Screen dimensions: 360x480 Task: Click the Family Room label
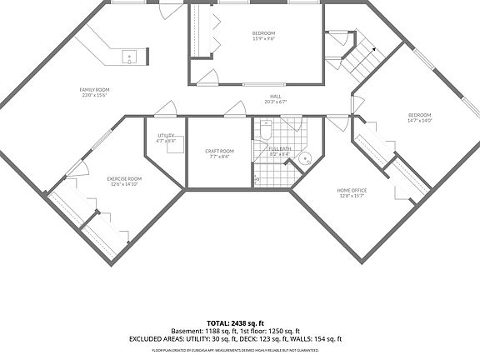click(94, 89)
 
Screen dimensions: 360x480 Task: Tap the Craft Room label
click(219, 151)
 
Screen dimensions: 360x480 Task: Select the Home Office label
click(352, 190)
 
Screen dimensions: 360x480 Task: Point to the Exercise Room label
click(124, 178)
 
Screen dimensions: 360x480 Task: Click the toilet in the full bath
click(266, 131)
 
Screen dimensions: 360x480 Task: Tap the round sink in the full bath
click(307, 157)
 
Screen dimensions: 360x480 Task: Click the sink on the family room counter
click(130, 57)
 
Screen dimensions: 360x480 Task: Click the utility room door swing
click(167, 109)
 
